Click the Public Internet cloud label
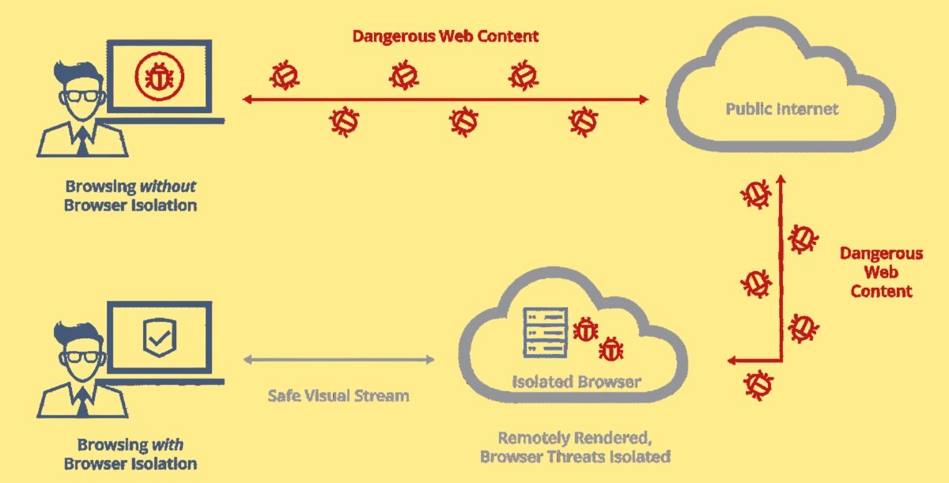[x=782, y=109]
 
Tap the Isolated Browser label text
[x=577, y=382]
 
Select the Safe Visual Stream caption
[x=338, y=396]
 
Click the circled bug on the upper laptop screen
[x=159, y=77]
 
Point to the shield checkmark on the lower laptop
[x=159, y=338]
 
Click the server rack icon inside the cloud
[x=545, y=333]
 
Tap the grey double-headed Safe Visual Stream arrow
[x=339, y=360]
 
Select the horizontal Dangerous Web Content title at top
[x=445, y=36]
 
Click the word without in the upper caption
[x=168, y=187]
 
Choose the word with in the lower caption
[x=168, y=445]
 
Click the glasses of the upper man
[x=82, y=96]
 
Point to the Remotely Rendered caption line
[x=575, y=438]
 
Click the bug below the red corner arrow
[x=758, y=385]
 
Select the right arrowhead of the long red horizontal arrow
[x=644, y=100]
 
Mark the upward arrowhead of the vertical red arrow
[x=781, y=179]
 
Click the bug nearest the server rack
[x=585, y=330]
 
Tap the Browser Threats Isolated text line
[x=575, y=457]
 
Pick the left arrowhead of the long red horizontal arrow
[x=248, y=100]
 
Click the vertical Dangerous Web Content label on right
[x=881, y=272]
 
